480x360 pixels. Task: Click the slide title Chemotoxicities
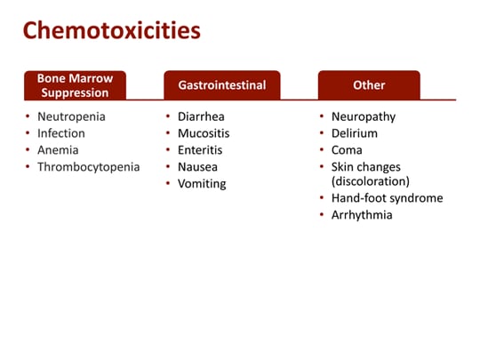coord(111,31)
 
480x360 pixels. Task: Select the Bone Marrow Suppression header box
coord(76,85)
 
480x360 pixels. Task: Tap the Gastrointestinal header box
coord(221,85)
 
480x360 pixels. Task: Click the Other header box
coord(369,85)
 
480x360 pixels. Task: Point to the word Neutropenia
coord(72,116)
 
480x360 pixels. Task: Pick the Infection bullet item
coord(61,133)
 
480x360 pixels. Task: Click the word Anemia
coord(58,150)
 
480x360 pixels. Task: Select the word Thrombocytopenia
coord(88,167)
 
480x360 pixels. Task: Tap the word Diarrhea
coord(202,116)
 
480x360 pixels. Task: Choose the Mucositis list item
coord(204,133)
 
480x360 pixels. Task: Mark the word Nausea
coord(198,167)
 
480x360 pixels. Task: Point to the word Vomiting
coord(202,184)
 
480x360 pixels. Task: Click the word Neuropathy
coord(364,116)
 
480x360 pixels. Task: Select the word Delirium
coord(355,133)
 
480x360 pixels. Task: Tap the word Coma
coord(348,150)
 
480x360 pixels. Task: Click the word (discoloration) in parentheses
coord(371,181)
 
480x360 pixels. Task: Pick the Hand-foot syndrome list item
coord(387,198)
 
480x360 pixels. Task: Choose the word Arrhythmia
coord(362,215)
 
